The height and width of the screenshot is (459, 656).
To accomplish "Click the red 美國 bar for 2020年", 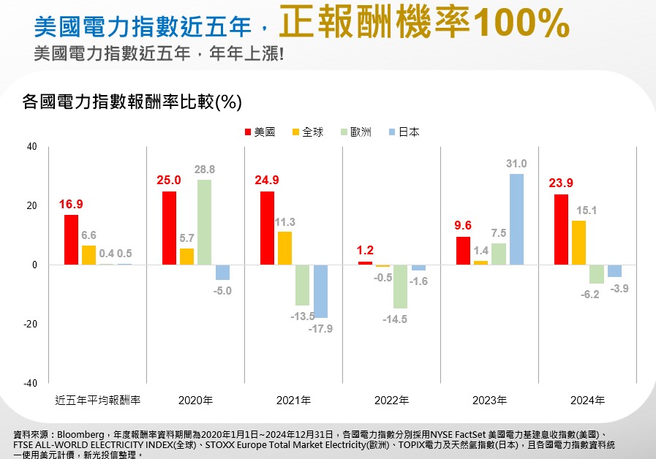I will tap(169, 228).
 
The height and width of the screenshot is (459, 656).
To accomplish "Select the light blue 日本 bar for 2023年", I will tap(516, 219).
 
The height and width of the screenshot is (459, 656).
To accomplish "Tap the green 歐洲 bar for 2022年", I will tap(400, 287).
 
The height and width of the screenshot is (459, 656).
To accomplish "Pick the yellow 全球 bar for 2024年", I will tap(578, 243).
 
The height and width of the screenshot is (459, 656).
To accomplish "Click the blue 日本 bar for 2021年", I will tap(320, 291).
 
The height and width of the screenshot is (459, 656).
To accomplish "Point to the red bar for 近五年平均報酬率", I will tap(71, 240).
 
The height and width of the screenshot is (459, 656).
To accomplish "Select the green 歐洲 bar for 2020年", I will tap(204, 222).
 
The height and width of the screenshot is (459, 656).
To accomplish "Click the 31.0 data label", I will tap(516, 164).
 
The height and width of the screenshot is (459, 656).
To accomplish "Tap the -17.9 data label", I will tap(320, 329).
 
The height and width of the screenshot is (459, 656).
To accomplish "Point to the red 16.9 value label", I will tap(71, 204).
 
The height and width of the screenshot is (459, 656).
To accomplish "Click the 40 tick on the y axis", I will tap(31, 146).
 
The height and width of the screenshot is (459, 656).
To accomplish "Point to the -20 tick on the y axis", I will tap(29, 324).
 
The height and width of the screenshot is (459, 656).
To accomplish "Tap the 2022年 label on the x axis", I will tap(391, 400).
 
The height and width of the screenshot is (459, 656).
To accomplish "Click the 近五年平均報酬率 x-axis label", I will tap(98, 400).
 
